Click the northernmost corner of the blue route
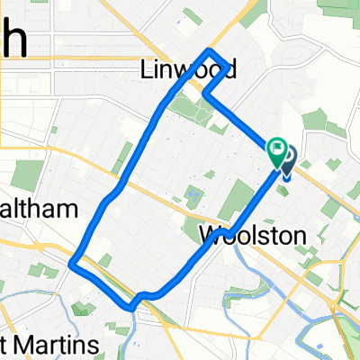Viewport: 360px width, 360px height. click(x=211, y=50)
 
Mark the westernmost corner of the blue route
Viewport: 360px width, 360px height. click(x=72, y=264)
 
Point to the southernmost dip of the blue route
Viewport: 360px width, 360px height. click(x=133, y=307)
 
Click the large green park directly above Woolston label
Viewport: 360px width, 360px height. click(x=236, y=200)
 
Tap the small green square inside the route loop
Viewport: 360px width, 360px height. click(x=193, y=193)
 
